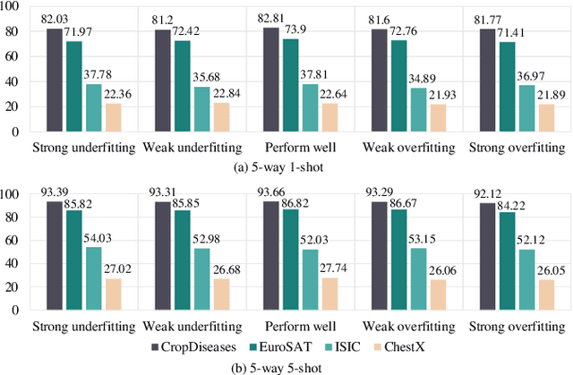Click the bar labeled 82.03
coord(55,80)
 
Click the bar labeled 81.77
coord(487,80)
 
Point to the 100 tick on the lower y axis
coord(12,193)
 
